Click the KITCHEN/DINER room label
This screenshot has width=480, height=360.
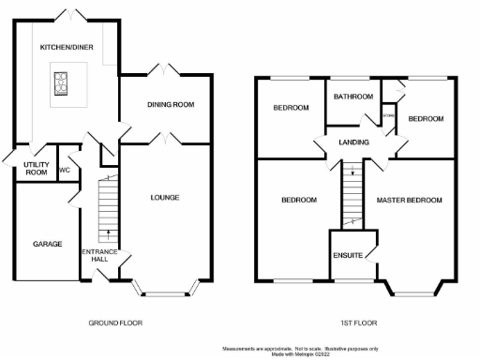[x=65, y=46]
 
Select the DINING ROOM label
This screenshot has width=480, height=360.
[x=171, y=105]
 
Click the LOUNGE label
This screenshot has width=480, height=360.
[x=164, y=197]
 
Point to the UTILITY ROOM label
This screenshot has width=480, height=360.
[x=36, y=169]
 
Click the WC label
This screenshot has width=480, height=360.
[x=65, y=171]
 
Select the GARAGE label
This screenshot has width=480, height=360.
[x=48, y=244]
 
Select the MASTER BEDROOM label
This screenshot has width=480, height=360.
[x=410, y=201]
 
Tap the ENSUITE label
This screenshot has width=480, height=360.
[x=349, y=254]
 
